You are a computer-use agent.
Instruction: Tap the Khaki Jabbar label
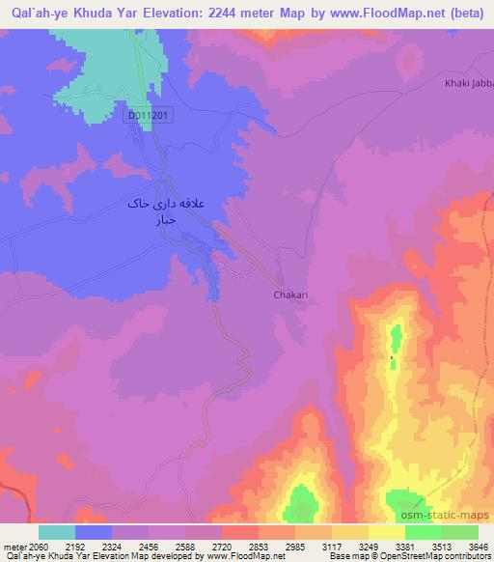[469, 84]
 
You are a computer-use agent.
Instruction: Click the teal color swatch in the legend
[57, 532]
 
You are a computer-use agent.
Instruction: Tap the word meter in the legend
[14, 547]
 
